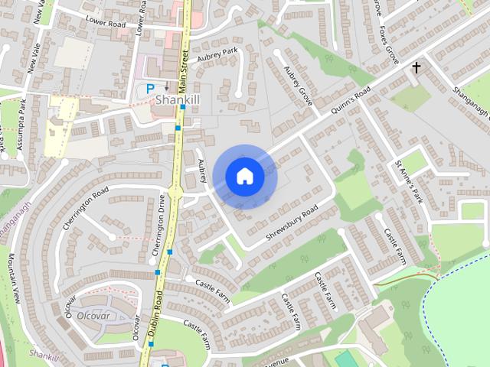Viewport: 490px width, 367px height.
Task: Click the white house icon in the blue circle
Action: pos(244,176)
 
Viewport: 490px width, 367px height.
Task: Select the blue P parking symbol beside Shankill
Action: pos(150,89)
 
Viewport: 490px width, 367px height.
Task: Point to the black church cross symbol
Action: pos(416,69)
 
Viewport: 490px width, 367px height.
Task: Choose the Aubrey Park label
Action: pos(218,55)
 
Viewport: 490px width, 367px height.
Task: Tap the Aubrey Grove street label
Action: pos(299,85)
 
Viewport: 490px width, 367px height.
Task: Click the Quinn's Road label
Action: pos(351,99)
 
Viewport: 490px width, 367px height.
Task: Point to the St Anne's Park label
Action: pos(408,181)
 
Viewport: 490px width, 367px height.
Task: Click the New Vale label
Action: pos(35,57)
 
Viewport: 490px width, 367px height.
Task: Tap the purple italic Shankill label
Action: pos(43,354)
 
